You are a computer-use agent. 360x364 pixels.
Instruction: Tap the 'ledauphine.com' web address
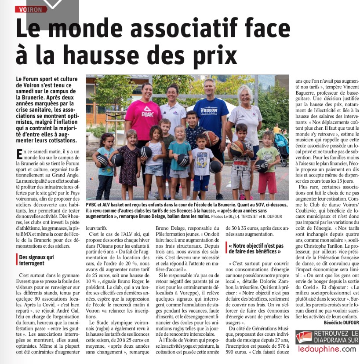327,349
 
